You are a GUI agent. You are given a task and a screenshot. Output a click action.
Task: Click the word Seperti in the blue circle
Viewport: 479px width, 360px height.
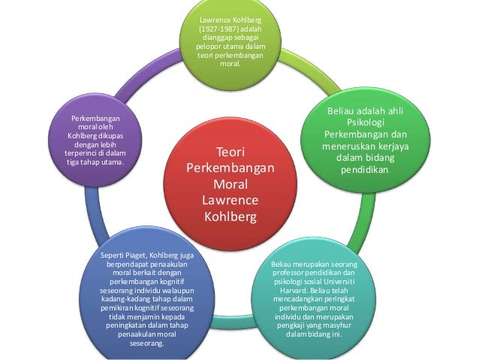pyautogui.click(x=113, y=256)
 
